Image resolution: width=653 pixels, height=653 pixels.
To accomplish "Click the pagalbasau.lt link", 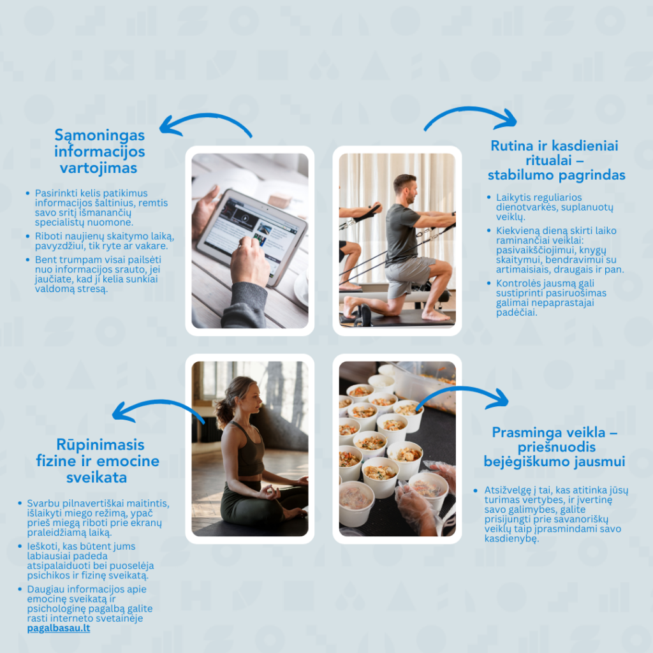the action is (x=59, y=628).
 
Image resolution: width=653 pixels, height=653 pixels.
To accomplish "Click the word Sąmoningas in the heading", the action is (x=99, y=136).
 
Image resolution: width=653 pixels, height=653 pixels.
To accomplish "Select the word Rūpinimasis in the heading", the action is (x=100, y=444).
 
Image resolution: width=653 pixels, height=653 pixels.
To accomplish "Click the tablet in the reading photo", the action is (x=252, y=236).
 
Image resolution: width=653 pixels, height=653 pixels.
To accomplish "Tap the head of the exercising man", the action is (x=406, y=189).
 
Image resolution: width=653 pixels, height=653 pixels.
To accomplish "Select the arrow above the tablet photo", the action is (x=205, y=116).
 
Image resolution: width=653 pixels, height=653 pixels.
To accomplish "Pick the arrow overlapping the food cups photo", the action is (x=462, y=390).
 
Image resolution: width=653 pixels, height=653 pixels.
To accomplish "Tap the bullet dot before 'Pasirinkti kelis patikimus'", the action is (x=28, y=193).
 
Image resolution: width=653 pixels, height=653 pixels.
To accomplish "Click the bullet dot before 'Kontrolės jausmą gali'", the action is (x=489, y=283).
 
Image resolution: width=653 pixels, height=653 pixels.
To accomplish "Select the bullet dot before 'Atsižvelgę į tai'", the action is (x=476, y=490).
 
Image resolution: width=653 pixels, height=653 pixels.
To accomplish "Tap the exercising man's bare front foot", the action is (x=435, y=315).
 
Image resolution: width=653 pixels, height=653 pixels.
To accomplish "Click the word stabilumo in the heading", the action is (x=519, y=175).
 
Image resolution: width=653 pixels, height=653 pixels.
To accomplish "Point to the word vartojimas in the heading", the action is (x=98, y=168).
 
